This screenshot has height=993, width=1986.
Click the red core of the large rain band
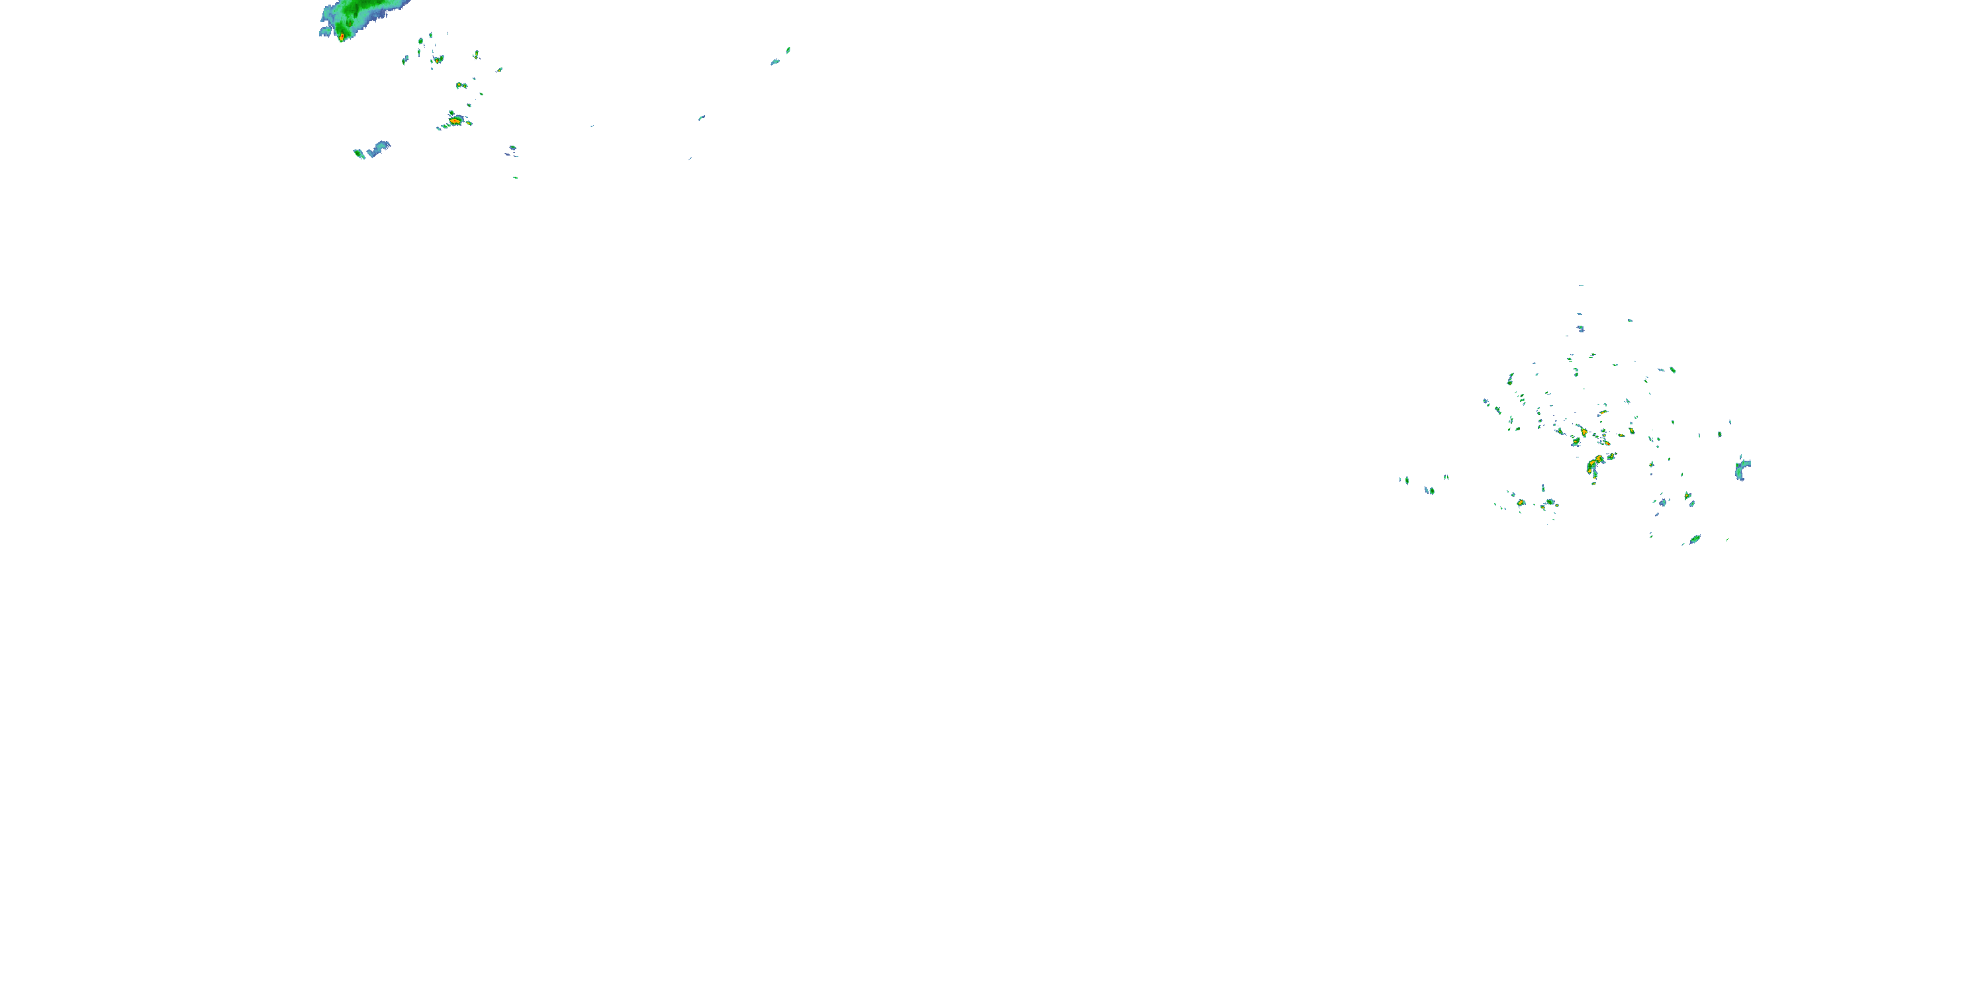[342, 36]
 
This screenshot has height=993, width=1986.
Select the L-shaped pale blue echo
[379, 148]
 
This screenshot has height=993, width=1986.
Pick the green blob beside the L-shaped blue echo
[359, 154]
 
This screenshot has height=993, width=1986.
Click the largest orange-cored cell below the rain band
[455, 120]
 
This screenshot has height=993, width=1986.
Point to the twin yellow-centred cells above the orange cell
[460, 85]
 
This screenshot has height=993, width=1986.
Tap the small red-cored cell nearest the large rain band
[438, 60]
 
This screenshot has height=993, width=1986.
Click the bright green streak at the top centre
[788, 51]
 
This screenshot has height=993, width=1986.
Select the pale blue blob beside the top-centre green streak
[775, 62]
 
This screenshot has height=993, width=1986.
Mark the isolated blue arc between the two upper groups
[702, 118]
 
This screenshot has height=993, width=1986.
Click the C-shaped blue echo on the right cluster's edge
[1742, 469]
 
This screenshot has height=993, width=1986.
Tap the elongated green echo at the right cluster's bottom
[1695, 539]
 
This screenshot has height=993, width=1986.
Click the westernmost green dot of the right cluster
[1407, 481]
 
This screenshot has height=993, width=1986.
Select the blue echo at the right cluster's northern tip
[1580, 328]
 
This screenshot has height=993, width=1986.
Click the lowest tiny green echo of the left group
[515, 177]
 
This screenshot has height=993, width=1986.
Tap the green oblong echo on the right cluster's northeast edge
[1673, 370]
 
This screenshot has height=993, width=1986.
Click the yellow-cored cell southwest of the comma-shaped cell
[1521, 502]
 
